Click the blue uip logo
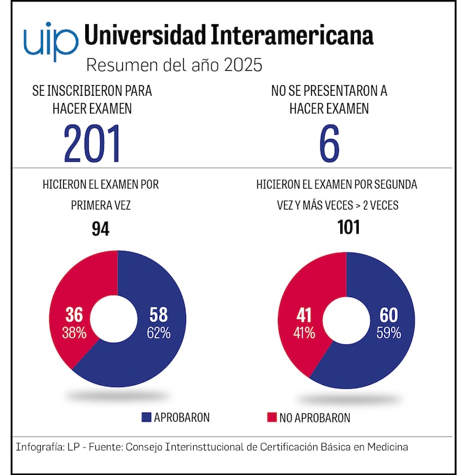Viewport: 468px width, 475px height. pos(50,41)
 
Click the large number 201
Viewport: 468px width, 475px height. pos(92,143)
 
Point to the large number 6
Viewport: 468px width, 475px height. pos(329,143)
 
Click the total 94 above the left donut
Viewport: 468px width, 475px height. pos(100,229)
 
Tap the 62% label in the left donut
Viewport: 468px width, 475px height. pos(158,333)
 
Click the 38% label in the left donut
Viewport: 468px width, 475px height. pos(74,333)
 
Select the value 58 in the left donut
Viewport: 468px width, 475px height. pos(158,315)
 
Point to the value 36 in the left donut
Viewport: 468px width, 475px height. pos(74,315)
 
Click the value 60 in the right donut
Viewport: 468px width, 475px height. pos(389,315)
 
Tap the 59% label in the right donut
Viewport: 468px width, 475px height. pos(389,333)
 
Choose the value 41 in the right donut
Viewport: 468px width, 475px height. pos(304,315)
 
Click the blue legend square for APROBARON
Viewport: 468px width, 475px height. pos(146,417)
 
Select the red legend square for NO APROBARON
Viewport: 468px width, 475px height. pos(271,417)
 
